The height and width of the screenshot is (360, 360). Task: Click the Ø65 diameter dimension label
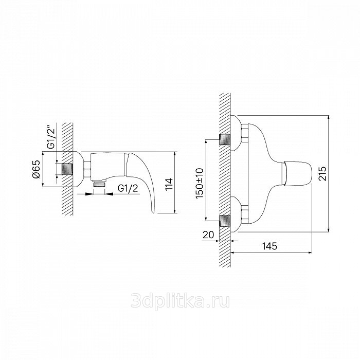[x=37, y=169]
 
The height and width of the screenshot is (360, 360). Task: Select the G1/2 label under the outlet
[x=128, y=188]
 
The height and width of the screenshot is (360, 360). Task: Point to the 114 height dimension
[x=169, y=184]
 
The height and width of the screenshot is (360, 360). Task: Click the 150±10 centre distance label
[x=200, y=184]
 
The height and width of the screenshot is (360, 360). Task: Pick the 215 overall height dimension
[x=322, y=174]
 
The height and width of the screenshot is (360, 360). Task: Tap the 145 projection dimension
[x=270, y=246]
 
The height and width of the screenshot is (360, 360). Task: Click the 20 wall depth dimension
[x=208, y=235]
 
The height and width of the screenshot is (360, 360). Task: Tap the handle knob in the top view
[x=297, y=173]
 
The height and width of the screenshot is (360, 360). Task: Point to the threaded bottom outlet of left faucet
[x=99, y=184]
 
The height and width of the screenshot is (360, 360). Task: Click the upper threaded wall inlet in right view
[x=225, y=139]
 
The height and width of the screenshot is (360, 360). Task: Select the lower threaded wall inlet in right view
[x=225, y=221]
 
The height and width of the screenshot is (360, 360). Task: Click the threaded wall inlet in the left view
[x=67, y=169]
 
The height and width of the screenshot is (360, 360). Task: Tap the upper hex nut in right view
[x=244, y=133]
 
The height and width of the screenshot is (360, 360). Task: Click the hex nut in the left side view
[x=87, y=169]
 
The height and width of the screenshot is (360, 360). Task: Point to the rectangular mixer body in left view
[x=107, y=167]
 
